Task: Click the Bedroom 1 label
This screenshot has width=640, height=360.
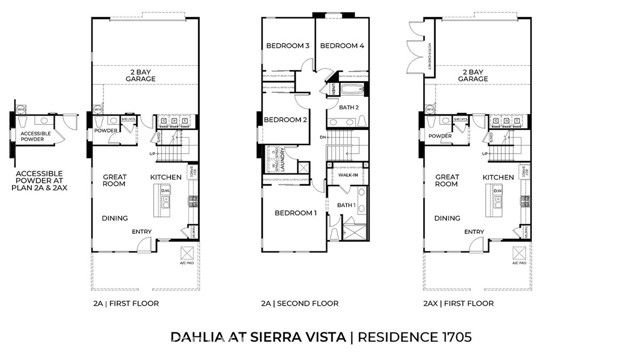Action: [297, 213]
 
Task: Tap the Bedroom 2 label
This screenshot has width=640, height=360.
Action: [283, 120]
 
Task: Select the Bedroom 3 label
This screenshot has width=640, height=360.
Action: [286, 46]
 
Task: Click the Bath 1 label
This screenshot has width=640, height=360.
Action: [346, 206]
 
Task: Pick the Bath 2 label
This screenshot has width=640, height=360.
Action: [349, 106]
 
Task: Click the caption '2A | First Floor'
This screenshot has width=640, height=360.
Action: [127, 303]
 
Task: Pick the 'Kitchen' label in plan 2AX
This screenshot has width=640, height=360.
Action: [498, 176]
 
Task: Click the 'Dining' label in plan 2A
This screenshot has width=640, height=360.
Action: [117, 217]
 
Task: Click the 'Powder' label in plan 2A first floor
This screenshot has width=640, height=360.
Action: [106, 130]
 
